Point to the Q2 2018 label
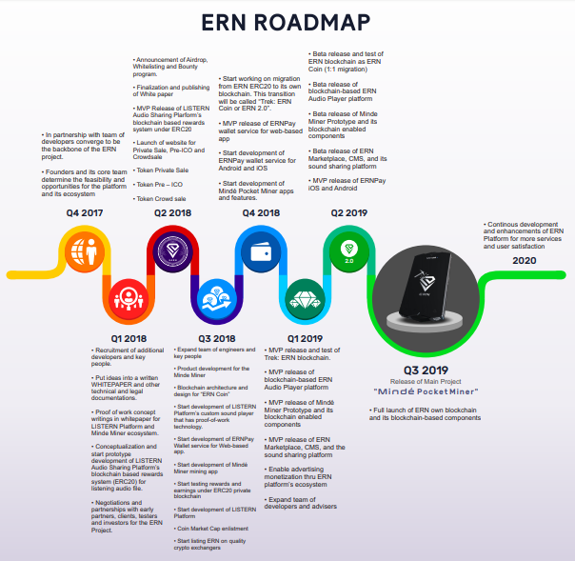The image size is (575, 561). click(173, 212)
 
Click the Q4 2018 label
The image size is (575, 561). click(260, 212)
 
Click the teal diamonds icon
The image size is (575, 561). click(306, 299)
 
